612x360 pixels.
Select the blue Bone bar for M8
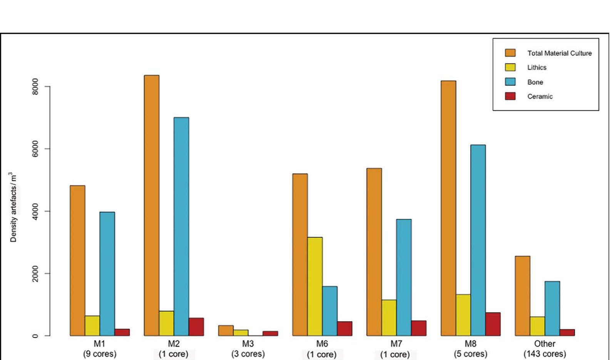coord(478,240)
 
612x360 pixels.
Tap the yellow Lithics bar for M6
coord(315,286)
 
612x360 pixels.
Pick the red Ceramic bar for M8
coord(493,324)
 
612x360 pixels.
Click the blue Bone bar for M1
coord(107,274)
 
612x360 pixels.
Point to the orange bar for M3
coord(226,331)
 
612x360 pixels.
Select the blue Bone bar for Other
coord(552,308)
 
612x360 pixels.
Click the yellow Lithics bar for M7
coord(389,318)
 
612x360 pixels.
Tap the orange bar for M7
coord(374,252)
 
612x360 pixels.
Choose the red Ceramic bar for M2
coord(196,327)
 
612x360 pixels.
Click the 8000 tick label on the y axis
coord(35,87)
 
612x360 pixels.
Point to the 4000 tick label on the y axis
coord(35,211)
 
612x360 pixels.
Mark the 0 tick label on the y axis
coord(35,336)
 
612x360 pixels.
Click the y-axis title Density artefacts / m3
coord(14,207)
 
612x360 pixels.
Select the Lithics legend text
coord(537,67)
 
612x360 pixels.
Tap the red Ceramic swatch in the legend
coord(510,96)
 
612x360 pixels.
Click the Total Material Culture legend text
coord(559,53)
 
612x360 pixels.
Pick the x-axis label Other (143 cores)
coord(545,349)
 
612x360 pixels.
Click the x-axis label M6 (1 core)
coord(322,349)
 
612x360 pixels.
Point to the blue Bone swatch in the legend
coord(510,82)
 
